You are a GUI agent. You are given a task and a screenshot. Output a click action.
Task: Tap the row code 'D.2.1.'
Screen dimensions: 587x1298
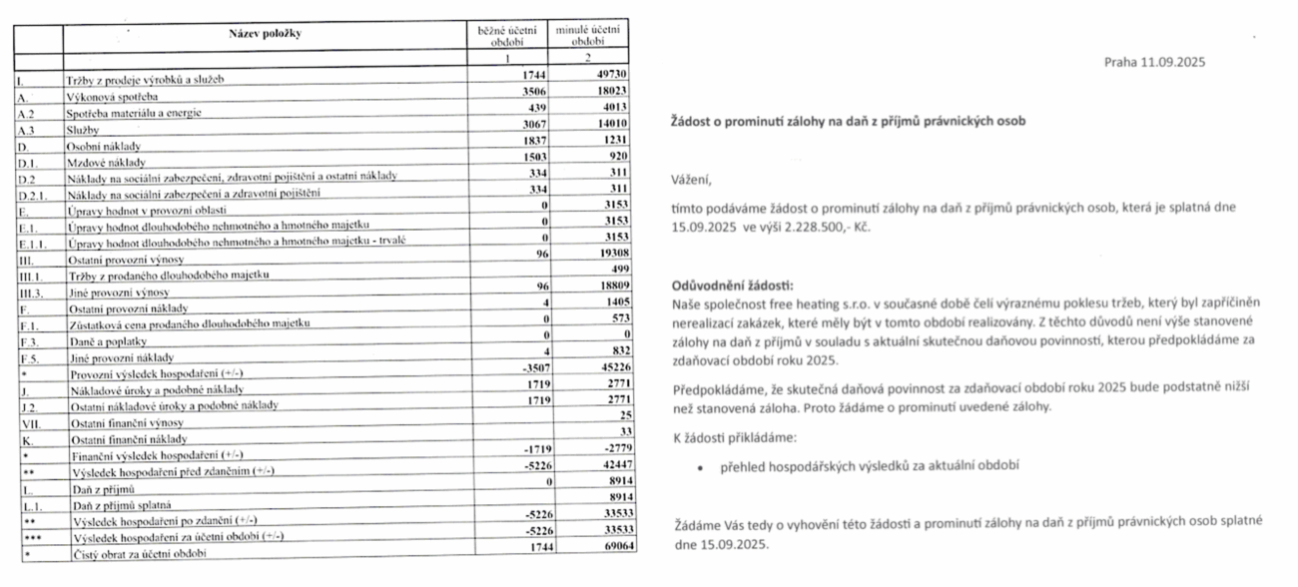33,192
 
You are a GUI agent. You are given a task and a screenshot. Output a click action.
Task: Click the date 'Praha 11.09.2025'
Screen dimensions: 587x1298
1155,62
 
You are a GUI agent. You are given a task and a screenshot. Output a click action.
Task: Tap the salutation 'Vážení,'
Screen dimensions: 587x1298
693,181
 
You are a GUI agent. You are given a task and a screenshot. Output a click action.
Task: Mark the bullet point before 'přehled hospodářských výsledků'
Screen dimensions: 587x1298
701,466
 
